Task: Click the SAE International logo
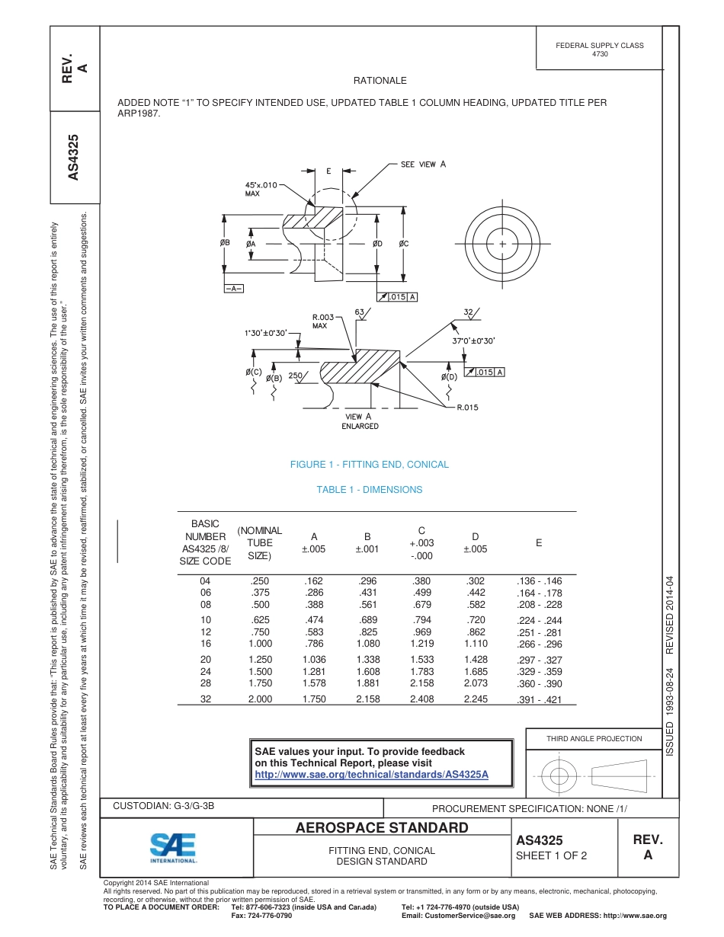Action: pos(173,847)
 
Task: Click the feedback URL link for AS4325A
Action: pos(371,775)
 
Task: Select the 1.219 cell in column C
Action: pos(421,644)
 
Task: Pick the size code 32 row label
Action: pos(206,699)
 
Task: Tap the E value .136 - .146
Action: pos(539,581)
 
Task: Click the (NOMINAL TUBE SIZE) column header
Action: pos(260,542)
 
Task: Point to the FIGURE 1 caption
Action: pos(370,465)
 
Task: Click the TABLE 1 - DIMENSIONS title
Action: pos(370,490)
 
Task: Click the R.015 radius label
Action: pos(467,408)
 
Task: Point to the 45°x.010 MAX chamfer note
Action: pos(261,189)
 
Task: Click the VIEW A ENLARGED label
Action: pos(360,421)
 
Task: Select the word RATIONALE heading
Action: pos(380,81)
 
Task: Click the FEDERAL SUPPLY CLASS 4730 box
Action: pos(600,50)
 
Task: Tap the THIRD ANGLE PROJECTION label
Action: pos(594,738)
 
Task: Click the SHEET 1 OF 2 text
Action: pos(551,855)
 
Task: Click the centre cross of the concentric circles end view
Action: pos(503,244)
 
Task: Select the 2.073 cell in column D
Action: pos(476,683)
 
